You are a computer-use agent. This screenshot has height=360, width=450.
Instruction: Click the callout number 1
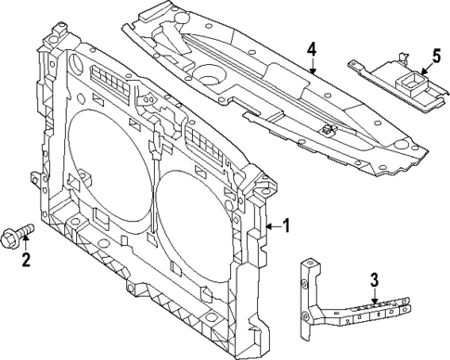[x=286, y=225]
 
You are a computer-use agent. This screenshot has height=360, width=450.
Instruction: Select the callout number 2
[x=26, y=260]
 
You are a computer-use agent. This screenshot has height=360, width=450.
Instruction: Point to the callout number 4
[x=313, y=48]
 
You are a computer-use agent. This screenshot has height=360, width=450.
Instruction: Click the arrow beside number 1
[x=271, y=225]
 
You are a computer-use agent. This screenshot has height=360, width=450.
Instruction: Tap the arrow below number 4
[x=313, y=65]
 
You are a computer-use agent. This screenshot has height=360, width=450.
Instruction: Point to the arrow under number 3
[x=374, y=294]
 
